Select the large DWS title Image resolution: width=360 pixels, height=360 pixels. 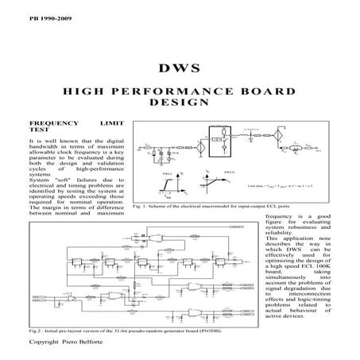pos(179,70)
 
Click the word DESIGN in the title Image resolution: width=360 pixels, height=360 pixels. pos(179,103)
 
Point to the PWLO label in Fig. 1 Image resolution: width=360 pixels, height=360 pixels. pos(230,171)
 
